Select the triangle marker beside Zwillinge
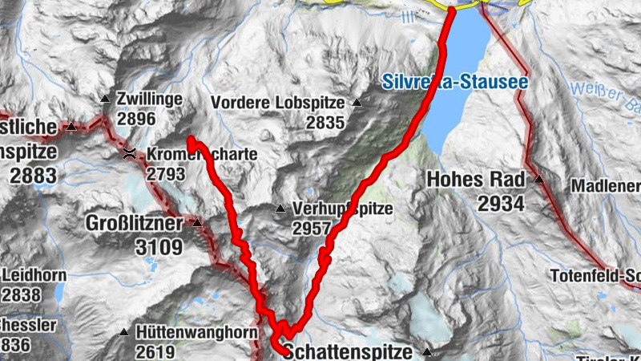pos(105,99)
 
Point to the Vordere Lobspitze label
pos(277,103)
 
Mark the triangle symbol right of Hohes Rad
pos(539,180)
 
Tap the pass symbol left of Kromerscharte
pos(128,153)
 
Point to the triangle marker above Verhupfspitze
pos(280,209)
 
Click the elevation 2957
pos(312,229)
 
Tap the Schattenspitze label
pos(348,351)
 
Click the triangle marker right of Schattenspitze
pos(427,351)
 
